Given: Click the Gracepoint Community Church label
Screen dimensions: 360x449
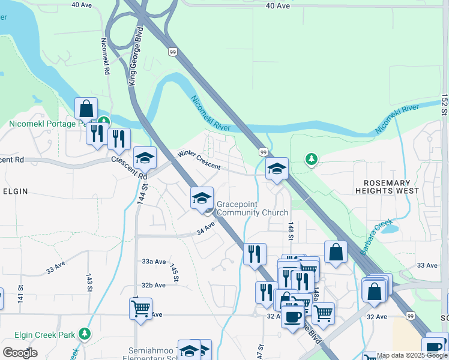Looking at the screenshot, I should [252, 208].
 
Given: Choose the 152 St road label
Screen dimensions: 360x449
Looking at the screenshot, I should [444, 104].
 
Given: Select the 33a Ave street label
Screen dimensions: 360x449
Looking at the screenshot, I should [154, 262].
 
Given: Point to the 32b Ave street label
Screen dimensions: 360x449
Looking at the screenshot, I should [154, 285].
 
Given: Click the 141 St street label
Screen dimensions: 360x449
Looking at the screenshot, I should [21, 293].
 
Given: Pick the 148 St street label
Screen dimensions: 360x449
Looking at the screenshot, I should [290, 230].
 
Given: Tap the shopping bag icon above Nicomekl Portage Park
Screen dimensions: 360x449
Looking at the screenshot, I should [86, 109].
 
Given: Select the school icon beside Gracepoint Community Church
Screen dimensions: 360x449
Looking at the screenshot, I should [202, 198].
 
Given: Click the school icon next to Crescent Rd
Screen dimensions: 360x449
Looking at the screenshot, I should [145, 158].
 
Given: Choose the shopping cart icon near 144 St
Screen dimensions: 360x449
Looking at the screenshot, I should [140, 309].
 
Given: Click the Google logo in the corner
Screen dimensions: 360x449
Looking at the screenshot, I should [20, 352].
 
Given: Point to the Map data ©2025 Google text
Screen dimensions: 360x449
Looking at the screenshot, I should [412, 355].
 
